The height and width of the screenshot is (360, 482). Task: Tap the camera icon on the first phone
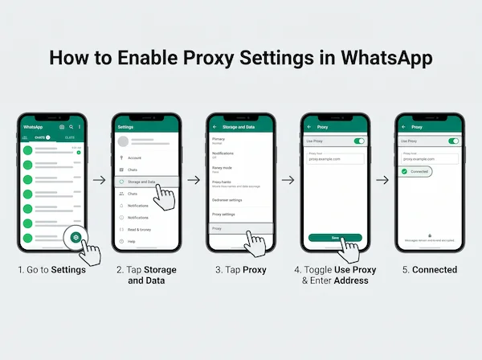click(61, 127)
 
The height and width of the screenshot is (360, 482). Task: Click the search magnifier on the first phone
click(71, 127)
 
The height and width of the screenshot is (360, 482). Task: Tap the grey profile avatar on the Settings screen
click(124, 141)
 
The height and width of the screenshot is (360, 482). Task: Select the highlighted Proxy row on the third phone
click(240, 228)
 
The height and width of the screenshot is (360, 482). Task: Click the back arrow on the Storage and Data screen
click(214, 127)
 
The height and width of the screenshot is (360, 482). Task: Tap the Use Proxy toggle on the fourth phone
click(359, 141)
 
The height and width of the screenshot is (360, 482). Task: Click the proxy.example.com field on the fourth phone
click(335, 157)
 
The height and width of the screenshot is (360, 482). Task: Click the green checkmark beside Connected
click(406, 171)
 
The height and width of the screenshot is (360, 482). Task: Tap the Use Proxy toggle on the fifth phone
click(453, 141)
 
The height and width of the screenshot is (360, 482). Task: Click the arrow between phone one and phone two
click(100, 180)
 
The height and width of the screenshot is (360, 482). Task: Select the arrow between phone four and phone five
click(382, 180)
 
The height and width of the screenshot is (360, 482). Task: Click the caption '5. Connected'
click(430, 270)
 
